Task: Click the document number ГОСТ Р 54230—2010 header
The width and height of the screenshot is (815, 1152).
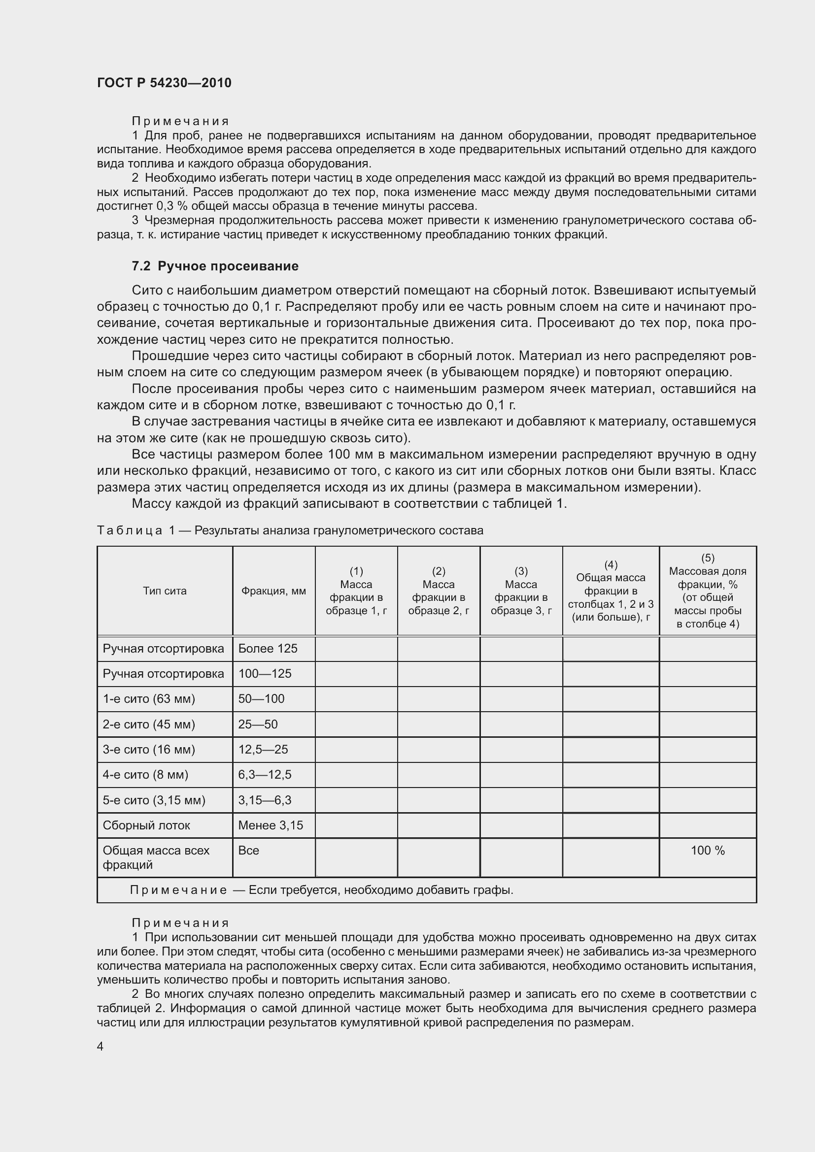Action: [x=164, y=83]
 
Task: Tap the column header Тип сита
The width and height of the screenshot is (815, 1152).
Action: [x=165, y=591]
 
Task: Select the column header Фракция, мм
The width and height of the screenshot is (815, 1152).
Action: [x=273, y=591]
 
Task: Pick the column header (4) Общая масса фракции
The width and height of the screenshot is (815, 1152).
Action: [x=610, y=591]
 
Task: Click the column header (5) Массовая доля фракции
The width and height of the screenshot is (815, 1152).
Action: [x=707, y=591]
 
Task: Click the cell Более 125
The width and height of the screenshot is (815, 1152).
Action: [x=268, y=648]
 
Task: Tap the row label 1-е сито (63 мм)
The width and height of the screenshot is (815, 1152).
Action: [x=148, y=698]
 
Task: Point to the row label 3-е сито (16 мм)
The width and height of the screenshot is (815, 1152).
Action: [x=148, y=749]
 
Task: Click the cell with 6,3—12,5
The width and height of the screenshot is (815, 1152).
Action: [x=265, y=774]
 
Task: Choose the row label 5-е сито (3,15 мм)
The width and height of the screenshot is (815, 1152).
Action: [x=154, y=800]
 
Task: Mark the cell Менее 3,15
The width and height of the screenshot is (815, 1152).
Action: [x=271, y=825]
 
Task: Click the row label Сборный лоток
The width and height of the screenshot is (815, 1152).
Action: [x=146, y=825]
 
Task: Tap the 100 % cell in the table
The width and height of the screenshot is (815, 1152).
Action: [x=707, y=851]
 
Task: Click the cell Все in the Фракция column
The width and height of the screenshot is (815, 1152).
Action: [x=249, y=851]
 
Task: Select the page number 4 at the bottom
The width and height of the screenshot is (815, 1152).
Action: [x=101, y=1046]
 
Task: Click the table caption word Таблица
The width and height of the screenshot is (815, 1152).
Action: [x=130, y=530]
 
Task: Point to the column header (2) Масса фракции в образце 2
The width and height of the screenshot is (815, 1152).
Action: [x=438, y=591]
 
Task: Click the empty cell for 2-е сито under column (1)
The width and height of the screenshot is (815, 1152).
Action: [x=356, y=724]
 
